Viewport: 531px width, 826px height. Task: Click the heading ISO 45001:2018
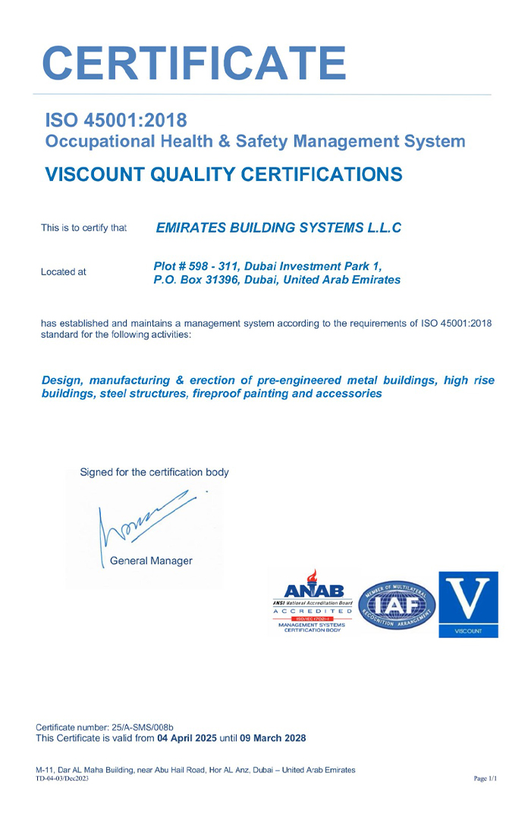coord(116,120)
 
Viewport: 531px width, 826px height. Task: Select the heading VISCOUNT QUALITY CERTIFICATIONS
coord(224,174)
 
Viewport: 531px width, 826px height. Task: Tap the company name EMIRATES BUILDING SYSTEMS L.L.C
coord(278,227)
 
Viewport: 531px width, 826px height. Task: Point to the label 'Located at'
coord(64,271)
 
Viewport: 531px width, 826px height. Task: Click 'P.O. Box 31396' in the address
coord(192,280)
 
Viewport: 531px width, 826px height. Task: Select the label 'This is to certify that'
coord(83,227)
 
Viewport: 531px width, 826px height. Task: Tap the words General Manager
coord(151,561)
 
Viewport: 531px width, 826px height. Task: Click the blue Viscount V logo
coord(468,604)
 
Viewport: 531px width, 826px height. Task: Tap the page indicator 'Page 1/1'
coord(485,778)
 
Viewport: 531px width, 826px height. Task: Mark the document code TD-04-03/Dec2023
coord(62,778)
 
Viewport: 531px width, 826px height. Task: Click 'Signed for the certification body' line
coord(154,472)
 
